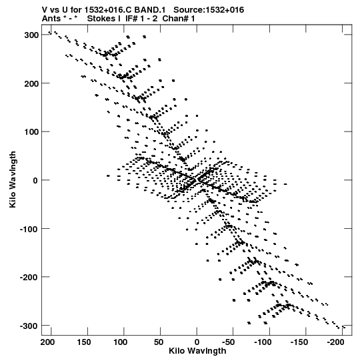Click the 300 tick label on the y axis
(31, 35)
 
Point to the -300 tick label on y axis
(29, 326)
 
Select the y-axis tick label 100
(31, 132)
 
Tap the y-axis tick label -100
(29, 229)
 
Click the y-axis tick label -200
(29, 278)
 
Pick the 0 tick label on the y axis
(35, 181)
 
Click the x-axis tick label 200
(47, 342)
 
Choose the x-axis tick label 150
(84, 342)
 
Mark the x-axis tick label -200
(335, 342)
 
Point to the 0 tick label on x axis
(197, 342)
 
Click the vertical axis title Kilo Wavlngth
(13, 179)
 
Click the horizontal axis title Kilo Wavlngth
(197, 351)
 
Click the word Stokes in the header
(101, 19)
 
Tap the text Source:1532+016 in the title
(209, 10)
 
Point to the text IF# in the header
(131, 19)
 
